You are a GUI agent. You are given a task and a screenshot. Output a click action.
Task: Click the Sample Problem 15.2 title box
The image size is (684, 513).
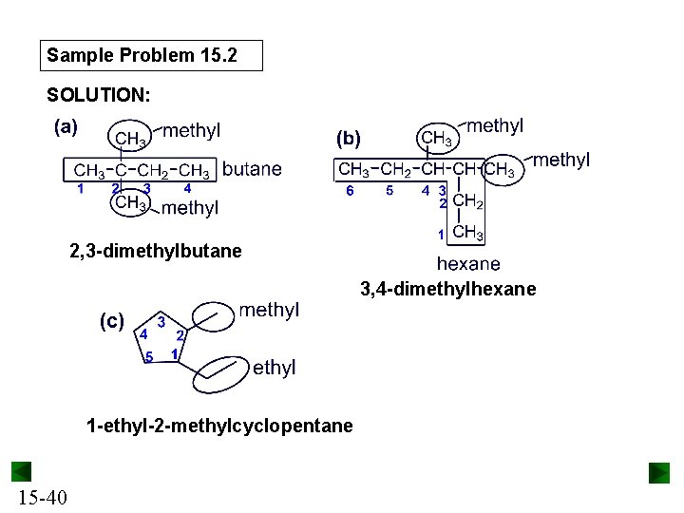153,56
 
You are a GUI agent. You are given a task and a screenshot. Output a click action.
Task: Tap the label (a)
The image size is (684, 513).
66,127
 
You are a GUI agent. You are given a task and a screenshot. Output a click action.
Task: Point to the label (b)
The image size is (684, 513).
348,139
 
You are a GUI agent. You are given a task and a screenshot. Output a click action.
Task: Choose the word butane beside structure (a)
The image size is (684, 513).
252,169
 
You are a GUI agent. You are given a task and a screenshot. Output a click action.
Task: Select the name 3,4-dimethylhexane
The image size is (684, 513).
447,289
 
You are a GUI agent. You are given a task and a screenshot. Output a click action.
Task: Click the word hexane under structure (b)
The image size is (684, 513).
468,264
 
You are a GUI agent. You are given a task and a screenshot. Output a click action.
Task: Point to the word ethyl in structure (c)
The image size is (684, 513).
275,368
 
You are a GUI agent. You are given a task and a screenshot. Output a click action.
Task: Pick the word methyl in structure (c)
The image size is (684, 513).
269,310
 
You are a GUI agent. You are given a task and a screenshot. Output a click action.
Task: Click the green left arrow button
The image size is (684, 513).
21,472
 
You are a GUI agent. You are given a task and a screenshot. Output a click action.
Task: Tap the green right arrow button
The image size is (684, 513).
659,472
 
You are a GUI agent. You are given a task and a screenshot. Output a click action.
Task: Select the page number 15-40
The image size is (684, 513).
41,497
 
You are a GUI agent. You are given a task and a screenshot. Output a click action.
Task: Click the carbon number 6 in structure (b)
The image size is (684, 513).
350,191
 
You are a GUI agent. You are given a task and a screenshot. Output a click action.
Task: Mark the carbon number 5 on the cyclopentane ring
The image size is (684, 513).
149,357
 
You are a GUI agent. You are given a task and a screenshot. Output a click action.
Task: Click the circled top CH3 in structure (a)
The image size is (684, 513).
130,139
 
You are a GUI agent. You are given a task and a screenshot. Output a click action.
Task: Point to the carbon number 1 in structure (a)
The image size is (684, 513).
81,188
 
